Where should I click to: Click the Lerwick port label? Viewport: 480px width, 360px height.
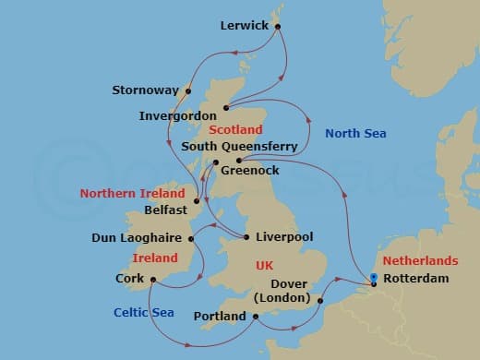(244, 26)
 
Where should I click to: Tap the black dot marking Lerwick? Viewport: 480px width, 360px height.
(278, 27)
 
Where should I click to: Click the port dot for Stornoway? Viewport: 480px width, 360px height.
(188, 90)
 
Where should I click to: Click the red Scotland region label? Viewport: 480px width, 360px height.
(235, 130)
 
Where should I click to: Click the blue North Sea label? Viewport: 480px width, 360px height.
(355, 134)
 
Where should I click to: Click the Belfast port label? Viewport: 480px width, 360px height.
(167, 210)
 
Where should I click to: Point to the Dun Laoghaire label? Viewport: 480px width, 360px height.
(136, 238)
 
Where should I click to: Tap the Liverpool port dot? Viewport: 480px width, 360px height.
(246, 237)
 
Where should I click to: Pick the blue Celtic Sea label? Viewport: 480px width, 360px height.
(143, 312)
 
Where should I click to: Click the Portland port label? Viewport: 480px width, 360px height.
(220, 317)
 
